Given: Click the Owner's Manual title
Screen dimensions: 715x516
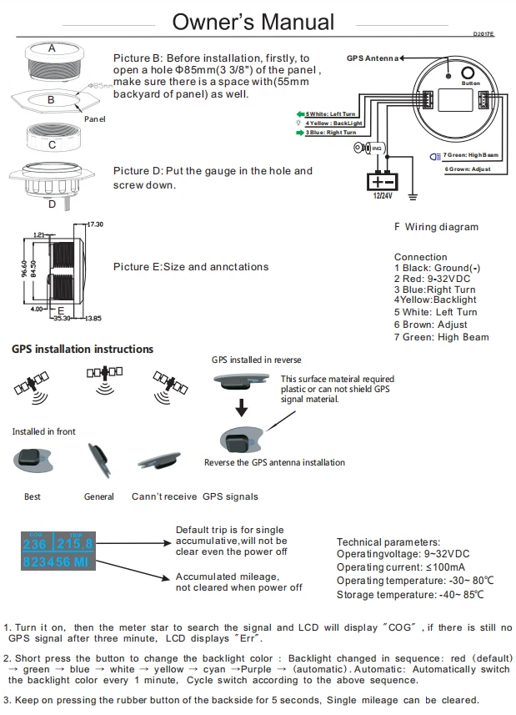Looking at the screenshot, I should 253,22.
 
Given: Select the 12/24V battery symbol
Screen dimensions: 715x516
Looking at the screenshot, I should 382,181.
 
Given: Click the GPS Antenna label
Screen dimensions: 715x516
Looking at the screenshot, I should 371,58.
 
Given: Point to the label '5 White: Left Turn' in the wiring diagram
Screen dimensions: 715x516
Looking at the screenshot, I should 330,113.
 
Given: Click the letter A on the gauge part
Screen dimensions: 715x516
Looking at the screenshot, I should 52,48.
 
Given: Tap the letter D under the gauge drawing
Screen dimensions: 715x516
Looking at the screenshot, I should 51,203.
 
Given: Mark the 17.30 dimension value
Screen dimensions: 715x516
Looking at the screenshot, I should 94,224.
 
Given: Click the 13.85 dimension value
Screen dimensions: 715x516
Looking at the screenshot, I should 93,318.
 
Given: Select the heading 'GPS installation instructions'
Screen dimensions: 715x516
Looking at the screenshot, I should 83,349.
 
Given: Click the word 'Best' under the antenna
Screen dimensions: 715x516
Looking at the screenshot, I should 33,496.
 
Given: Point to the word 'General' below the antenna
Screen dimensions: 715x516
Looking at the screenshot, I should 99,496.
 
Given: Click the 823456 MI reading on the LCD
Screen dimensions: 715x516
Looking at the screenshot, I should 57,563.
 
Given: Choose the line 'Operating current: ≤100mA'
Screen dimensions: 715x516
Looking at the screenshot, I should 395,567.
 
